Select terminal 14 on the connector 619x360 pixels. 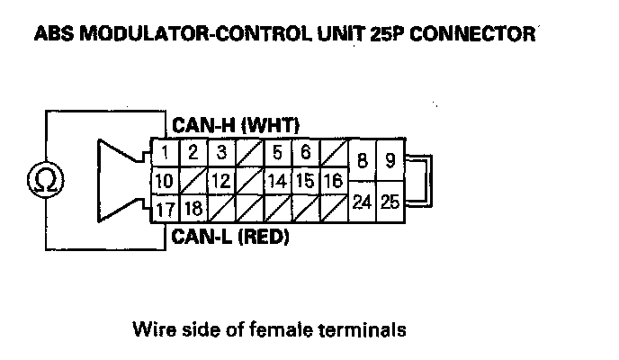[x=277, y=181]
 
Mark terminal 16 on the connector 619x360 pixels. [x=333, y=181]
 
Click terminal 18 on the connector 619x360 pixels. [x=193, y=209]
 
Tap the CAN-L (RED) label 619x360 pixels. [x=229, y=238]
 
